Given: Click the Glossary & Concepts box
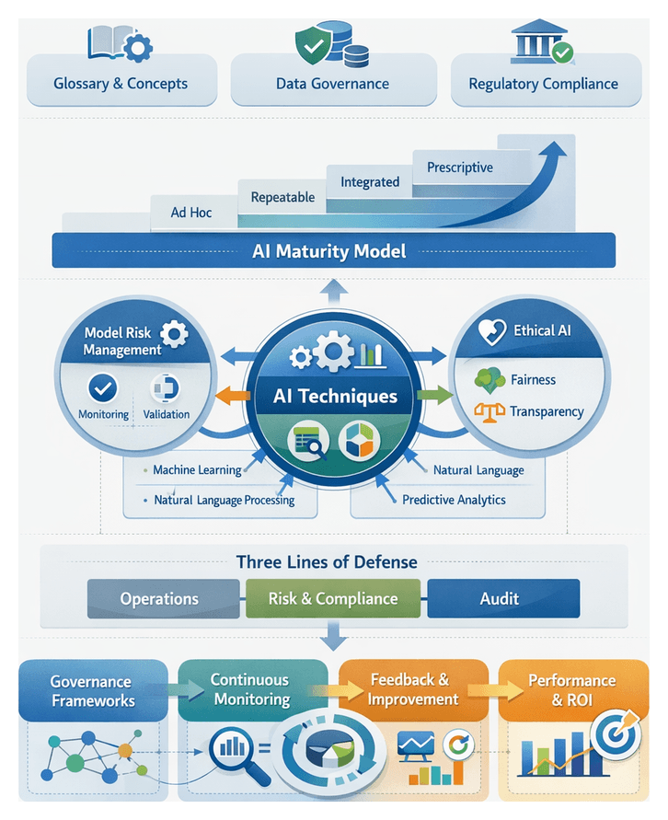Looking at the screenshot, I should pos(121,83).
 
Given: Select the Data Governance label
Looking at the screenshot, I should pos(332,84).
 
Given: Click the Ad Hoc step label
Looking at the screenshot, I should pos(191,213).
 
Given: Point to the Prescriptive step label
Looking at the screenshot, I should pos(460,167).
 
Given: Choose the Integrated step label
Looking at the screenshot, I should pos(370,182).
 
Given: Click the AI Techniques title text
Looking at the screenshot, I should pos(336,397).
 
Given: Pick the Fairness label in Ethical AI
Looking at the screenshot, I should pos(533,379).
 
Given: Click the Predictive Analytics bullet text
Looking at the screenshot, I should pos(454,500).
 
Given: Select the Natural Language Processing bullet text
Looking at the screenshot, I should pos(225,500).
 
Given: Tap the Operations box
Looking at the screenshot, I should pos(159,598).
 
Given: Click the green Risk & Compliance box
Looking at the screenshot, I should pos(333,598).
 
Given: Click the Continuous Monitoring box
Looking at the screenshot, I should pos(249,689).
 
